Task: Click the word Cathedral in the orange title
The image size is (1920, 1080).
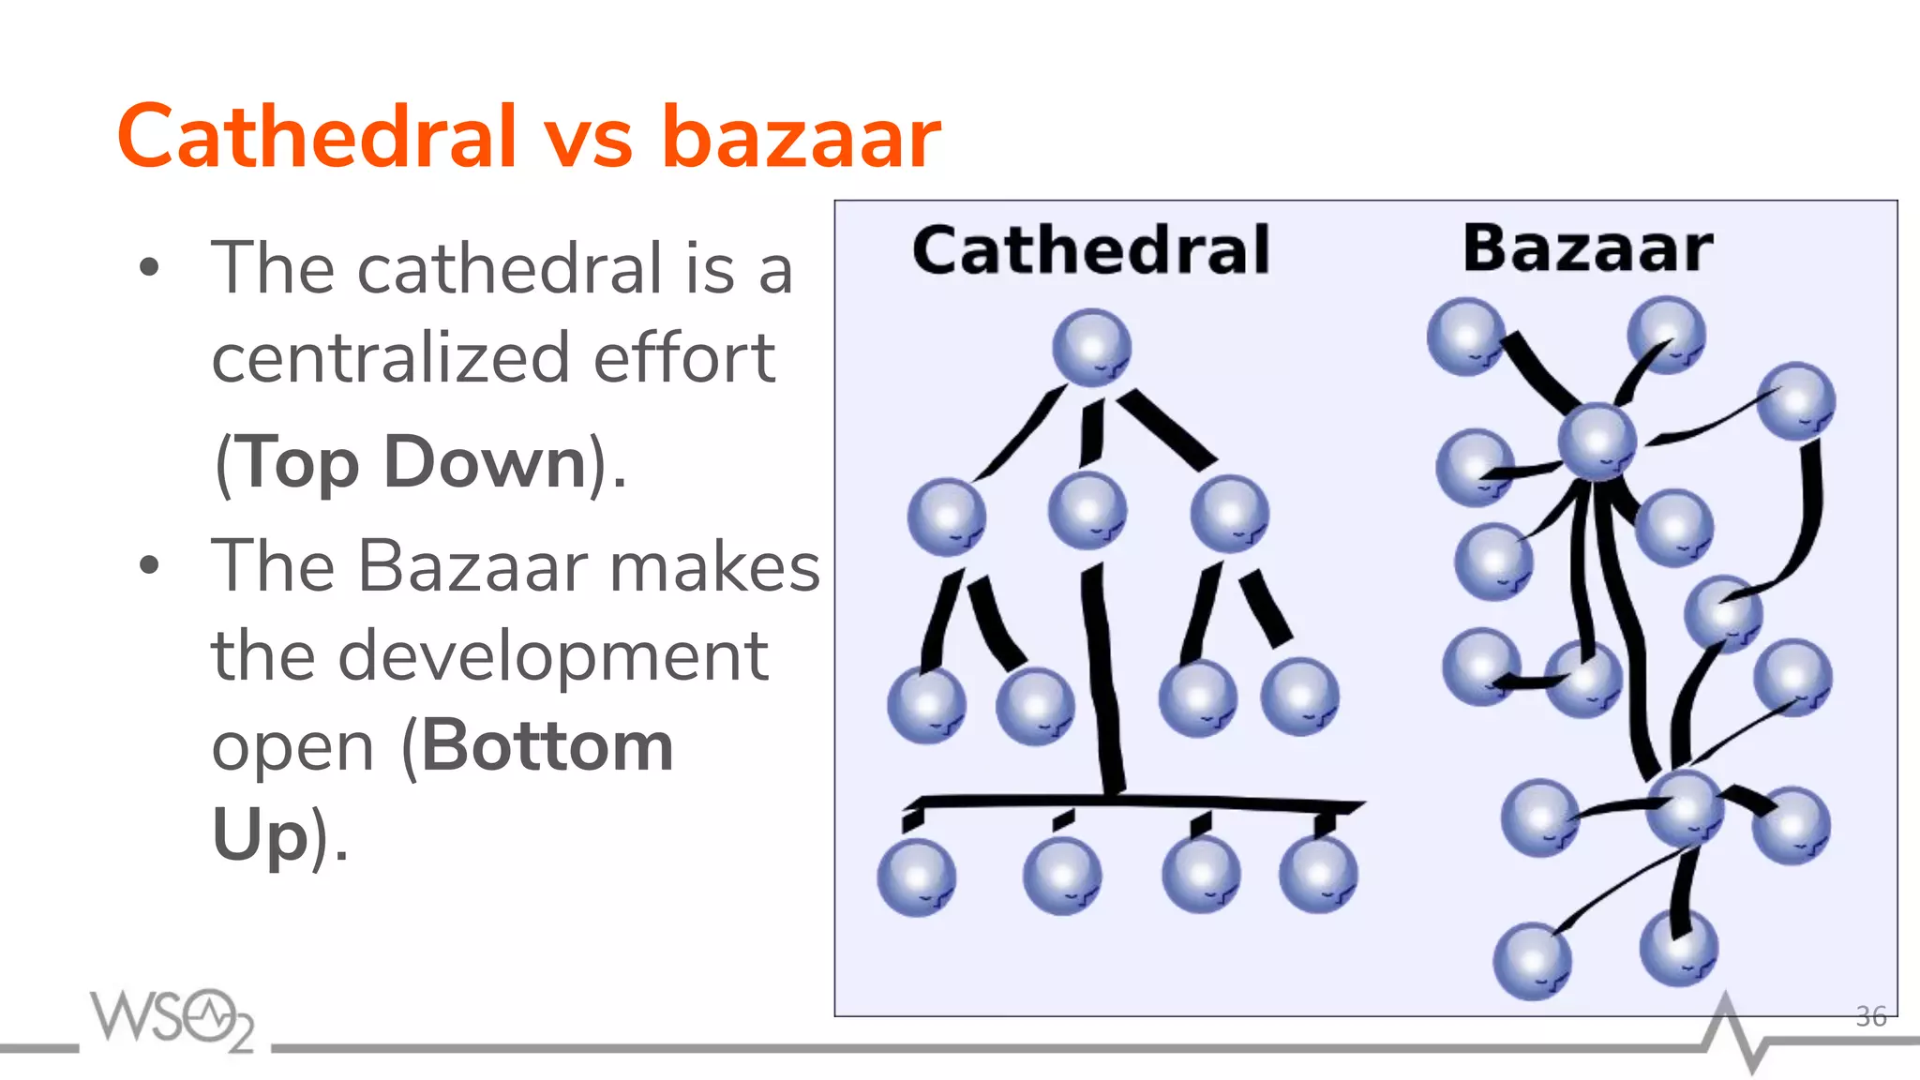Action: pyautogui.click(x=317, y=137)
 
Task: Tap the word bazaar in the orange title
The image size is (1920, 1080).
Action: pyautogui.click(x=801, y=137)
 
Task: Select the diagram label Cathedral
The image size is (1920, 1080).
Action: pyautogui.click(x=1091, y=250)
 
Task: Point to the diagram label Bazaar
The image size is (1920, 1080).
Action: pyautogui.click(x=1588, y=248)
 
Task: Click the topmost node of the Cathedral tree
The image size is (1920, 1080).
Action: pyautogui.click(x=1091, y=348)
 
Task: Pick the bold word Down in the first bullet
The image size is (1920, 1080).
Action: pyautogui.click(x=485, y=462)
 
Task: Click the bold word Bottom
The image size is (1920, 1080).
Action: pyautogui.click(x=547, y=746)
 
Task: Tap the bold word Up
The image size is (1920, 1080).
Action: pyautogui.click(x=260, y=833)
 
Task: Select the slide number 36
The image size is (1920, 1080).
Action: pyautogui.click(x=1870, y=1016)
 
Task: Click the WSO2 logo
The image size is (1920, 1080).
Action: pyautogui.click(x=172, y=1018)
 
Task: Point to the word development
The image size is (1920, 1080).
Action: pyautogui.click(x=553, y=656)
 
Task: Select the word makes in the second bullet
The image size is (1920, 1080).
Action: pyautogui.click(x=714, y=567)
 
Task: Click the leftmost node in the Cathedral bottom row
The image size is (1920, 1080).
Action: pyautogui.click(x=917, y=877)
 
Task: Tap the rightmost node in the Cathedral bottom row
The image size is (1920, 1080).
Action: pyautogui.click(x=1318, y=875)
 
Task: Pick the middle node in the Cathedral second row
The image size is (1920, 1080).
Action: pyautogui.click(x=1087, y=511)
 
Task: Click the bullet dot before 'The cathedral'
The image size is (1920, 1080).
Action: pyautogui.click(x=149, y=268)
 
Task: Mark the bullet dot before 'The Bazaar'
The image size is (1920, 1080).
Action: pyautogui.click(x=149, y=565)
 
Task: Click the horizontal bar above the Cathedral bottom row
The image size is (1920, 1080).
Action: pyautogui.click(x=1134, y=802)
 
